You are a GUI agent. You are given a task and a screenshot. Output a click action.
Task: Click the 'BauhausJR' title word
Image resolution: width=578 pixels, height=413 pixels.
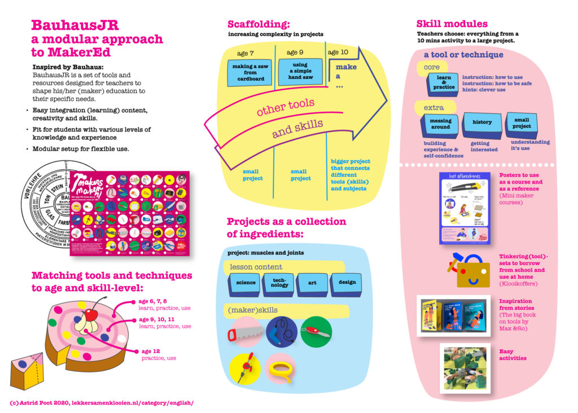[x=76, y=25]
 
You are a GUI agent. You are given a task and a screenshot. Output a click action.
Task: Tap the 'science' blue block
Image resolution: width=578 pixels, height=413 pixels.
[x=246, y=283]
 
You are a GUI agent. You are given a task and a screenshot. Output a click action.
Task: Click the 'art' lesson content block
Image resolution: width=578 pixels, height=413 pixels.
[x=312, y=282]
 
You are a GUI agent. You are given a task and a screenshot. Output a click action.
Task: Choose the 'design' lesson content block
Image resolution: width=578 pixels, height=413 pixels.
[x=347, y=282]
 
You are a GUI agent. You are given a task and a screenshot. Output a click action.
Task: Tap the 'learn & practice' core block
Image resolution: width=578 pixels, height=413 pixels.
[x=444, y=84]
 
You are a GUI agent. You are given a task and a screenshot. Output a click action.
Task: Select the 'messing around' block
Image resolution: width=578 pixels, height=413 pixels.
[x=440, y=124]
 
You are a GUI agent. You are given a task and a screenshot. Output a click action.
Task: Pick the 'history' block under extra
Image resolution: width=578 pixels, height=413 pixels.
[x=481, y=122]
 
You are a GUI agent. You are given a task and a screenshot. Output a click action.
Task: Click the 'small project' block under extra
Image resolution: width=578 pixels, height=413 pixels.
[x=521, y=123]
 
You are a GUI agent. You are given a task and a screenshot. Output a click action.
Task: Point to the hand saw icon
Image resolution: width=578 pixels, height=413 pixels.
[x=244, y=333]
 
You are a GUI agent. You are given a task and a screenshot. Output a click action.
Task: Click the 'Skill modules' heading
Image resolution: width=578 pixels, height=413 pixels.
[x=452, y=24]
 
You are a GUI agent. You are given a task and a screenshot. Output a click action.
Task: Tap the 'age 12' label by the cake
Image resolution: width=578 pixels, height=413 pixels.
[x=151, y=351]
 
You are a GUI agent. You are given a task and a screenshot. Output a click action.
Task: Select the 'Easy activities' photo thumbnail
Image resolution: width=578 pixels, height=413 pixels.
[x=465, y=368]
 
